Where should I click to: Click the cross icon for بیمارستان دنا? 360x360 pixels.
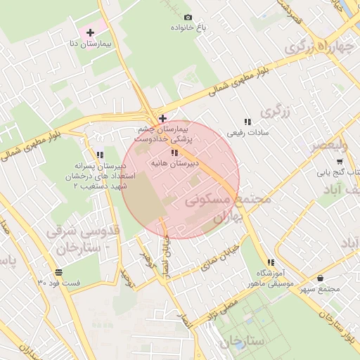click(90, 32)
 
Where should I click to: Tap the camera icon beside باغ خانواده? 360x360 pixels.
click(188, 18)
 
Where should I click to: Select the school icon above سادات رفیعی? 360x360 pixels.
click(246, 122)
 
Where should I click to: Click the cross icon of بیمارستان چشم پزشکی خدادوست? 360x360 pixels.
click(162, 117)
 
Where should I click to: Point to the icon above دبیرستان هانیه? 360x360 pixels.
click(174, 153)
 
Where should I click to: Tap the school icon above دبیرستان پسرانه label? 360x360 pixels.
click(100, 155)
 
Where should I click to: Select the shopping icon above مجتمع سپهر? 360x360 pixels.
click(321, 278)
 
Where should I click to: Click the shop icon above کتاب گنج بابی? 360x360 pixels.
click(340, 160)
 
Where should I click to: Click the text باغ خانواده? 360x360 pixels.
click(188, 28)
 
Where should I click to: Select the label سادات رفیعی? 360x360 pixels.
click(246, 132)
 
